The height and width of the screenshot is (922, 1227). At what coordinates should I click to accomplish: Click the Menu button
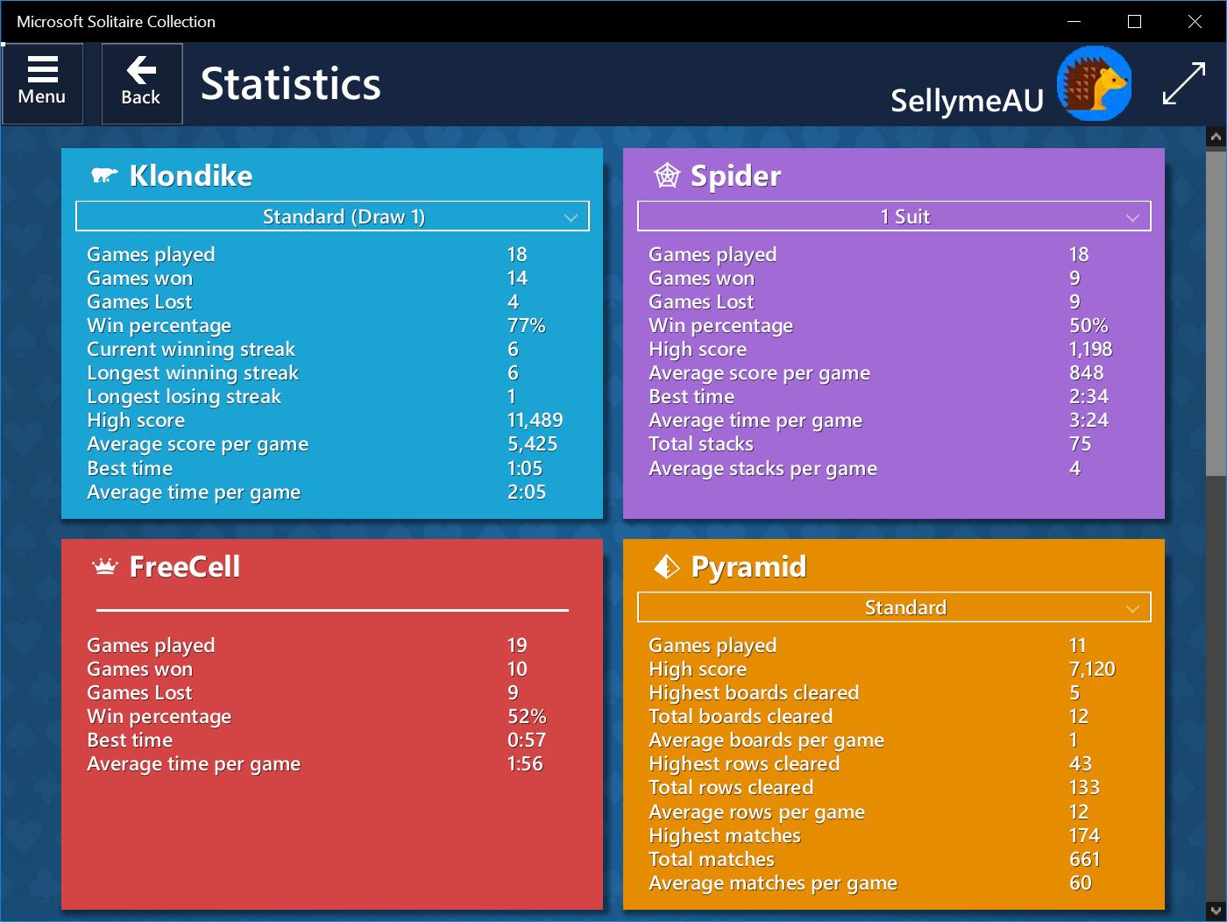click(x=42, y=82)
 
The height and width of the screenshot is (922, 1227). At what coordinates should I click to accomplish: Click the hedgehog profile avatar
click(x=1094, y=84)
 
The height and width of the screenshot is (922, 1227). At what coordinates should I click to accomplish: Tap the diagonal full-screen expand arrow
click(x=1183, y=84)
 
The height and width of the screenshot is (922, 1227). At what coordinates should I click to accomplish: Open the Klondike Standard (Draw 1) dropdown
click(x=332, y=216)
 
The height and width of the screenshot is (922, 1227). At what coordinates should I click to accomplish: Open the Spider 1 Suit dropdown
click(x=893, y=216)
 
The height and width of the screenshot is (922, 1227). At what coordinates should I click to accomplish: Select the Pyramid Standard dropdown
click(x=893, y=607)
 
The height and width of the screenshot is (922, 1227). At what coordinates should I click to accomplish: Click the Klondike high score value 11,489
click(x=535, y=421)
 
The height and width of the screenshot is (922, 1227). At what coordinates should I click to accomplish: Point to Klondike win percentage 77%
click(x=526, y=326)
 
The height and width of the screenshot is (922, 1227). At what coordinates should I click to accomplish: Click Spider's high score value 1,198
click(x=1090, y=350)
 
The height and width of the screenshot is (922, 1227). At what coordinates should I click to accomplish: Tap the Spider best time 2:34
click(x=1089, y=397)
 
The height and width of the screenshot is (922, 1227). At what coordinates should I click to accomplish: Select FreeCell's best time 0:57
click(x=526, y=741)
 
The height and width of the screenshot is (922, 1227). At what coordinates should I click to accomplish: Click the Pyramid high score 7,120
click(x=1092, y=670)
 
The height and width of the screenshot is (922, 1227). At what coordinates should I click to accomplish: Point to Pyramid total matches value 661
click(x=1084, y=860)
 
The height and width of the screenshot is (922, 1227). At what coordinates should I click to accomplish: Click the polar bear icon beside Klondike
click(x=104, y=175)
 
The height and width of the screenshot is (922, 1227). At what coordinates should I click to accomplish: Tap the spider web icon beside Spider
click(x=667, y=175)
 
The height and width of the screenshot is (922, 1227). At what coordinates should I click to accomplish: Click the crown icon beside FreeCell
click(x=105, y=567)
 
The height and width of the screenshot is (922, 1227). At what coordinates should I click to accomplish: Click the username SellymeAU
click(x=967, y=101)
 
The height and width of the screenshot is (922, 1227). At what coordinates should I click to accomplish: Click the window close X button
click(x=1195, y=22)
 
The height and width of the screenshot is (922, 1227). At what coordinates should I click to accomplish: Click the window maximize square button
click(x=1134, y=22)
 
